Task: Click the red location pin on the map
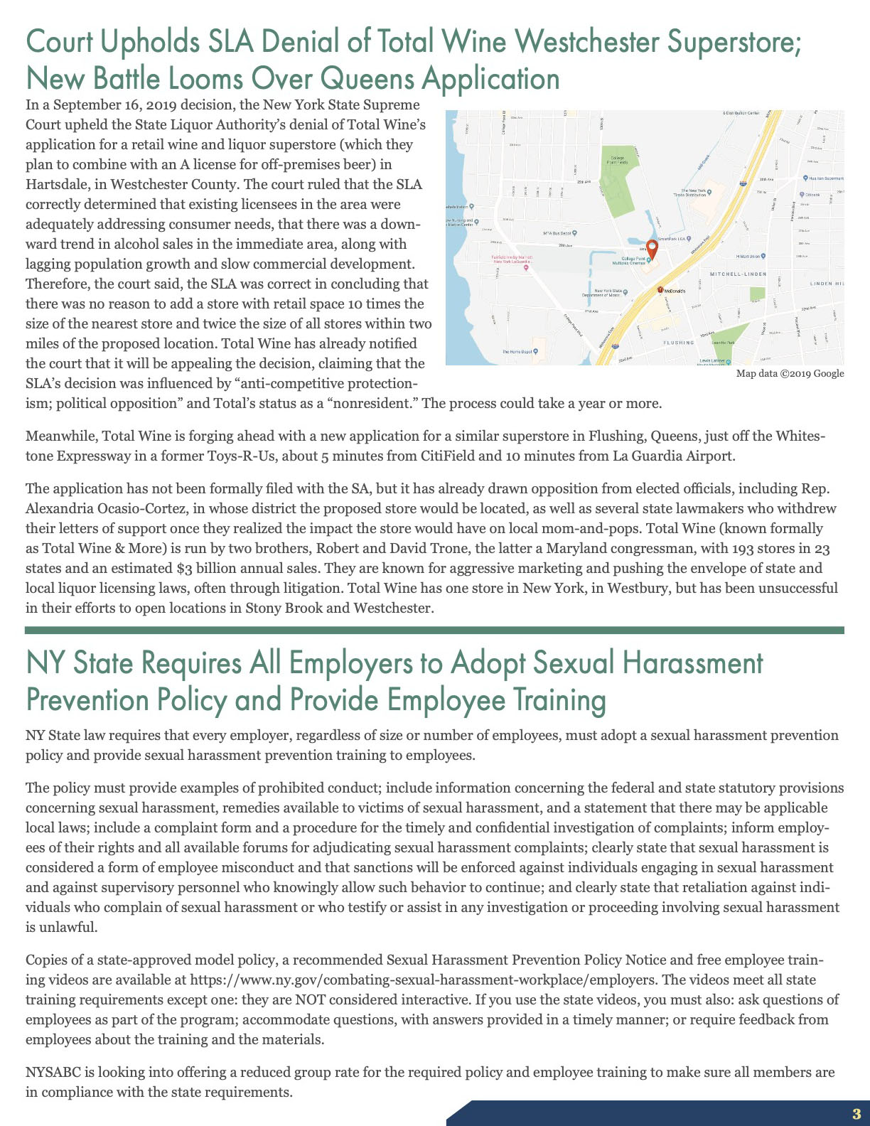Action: pos(651,250)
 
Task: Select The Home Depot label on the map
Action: pos(518,351)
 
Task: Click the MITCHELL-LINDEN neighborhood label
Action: pos(738,274)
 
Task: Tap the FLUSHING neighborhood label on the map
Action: pos(678,343)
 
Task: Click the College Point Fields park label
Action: pos(616,160)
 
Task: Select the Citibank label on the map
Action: pos(812,194)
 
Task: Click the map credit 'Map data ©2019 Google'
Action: pos(790,374)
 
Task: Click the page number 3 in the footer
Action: pos(856,1114)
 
